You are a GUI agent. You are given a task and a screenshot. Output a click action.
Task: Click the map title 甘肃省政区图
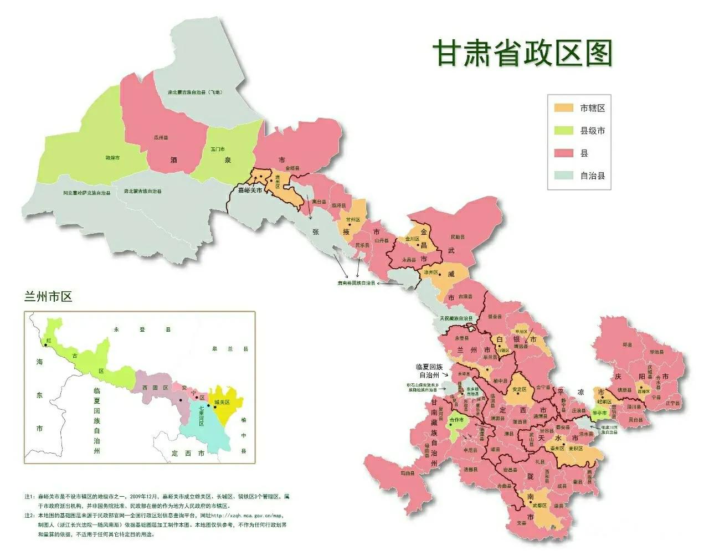(x=522, y=54)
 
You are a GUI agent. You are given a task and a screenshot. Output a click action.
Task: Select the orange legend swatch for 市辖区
(x=563, y=108)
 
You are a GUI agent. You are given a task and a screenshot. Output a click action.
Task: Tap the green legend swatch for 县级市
(x=563, y=131)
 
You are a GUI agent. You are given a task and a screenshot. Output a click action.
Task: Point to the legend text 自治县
(x=592, y=176)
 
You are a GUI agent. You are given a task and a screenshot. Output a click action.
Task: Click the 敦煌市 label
(x=112, y=158)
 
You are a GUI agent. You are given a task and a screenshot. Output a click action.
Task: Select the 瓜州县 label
(x=161, y=137)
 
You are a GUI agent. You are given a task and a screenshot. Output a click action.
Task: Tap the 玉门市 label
(x=218, y=150)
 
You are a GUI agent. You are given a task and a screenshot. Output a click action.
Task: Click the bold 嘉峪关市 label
(x=250, y=190)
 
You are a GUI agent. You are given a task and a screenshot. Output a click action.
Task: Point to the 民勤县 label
(x=458, y=237)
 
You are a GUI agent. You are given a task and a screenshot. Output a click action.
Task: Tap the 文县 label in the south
(x=521, y=522)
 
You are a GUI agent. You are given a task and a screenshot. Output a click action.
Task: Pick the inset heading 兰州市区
(x=48, y=297)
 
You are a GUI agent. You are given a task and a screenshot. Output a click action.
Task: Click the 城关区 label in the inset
(x=222, y=401)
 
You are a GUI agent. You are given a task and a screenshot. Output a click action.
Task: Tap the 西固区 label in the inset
(x=155, y=388)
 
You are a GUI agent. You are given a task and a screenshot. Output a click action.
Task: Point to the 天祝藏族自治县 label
(x=456, y=318)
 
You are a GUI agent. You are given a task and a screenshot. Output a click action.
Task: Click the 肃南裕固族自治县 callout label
(x=356, y=282)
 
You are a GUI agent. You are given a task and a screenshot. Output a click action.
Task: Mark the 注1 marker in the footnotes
(x=29, y=496)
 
